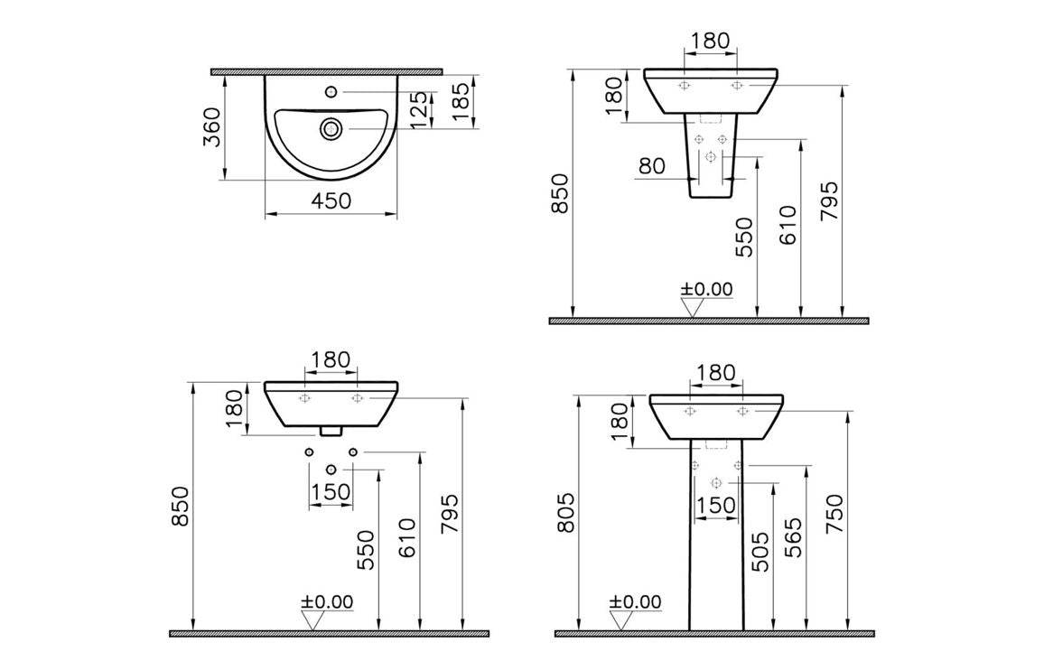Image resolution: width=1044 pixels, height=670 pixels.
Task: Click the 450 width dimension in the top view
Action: coord(331,200)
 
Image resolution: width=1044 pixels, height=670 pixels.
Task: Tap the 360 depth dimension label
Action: coord(211,127)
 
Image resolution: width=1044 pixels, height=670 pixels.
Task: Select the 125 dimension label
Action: coord(419,110)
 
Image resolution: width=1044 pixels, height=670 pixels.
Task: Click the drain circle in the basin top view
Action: coord(331,128)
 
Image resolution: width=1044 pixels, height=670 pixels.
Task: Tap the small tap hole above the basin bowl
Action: coord(331,90)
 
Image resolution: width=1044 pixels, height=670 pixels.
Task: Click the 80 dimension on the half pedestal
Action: coord(652,166)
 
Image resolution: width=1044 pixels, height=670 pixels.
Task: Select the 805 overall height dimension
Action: coord(565,513)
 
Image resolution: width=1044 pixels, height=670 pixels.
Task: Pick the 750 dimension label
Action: coord(834,513)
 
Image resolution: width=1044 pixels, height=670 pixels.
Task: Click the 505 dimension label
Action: coord(761,552)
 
